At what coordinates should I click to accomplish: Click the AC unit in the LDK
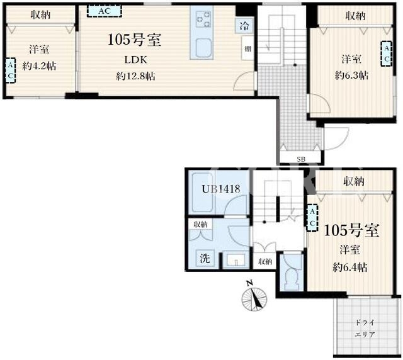(104, 11)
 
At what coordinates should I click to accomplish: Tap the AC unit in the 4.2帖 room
(10, 70)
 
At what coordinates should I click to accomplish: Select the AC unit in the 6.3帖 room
(387, 53)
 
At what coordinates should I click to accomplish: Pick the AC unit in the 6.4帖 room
(312, 218)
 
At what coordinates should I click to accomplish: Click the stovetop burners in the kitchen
(203, 20)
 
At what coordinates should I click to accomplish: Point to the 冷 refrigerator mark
(244, 25)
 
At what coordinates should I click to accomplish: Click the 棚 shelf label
(247, 48)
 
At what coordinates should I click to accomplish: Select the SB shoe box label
(301, 159)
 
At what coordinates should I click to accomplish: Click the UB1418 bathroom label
(221, 189)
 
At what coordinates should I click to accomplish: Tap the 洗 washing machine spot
(205, 258)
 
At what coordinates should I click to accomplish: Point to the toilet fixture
(292, 278)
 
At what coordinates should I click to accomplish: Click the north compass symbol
(254, 297)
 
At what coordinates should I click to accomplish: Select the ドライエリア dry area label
(365, 329)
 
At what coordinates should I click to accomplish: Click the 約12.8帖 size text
(135, 76)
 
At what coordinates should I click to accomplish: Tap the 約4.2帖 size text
(39, 66)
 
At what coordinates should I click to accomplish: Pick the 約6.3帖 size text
(351, 76)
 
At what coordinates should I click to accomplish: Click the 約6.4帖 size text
(350, 267)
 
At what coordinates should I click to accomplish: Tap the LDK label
(136, 60)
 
